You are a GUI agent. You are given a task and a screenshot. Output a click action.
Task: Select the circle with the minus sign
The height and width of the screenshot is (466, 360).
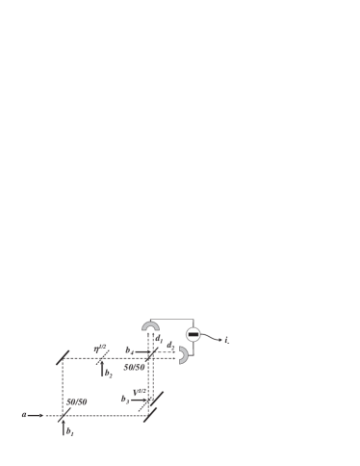(193, 334)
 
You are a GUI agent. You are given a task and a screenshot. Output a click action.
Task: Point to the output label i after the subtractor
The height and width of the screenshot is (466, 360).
(227, 340)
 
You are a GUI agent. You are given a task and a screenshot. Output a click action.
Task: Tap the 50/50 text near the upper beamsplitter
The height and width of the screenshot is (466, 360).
(135, 366)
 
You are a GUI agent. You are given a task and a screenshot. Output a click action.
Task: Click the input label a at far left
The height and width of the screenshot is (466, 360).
(23, 416)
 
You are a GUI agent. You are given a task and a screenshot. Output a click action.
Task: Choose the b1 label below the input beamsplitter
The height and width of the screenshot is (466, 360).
(70, 433)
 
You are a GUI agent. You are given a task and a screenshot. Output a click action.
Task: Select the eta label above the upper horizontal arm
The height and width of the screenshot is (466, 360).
(99, 348)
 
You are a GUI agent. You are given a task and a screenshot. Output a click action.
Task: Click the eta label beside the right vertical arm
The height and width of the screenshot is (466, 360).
(140, 390)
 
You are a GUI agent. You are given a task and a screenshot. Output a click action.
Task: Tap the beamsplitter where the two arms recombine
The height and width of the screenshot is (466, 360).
(149, 356)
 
